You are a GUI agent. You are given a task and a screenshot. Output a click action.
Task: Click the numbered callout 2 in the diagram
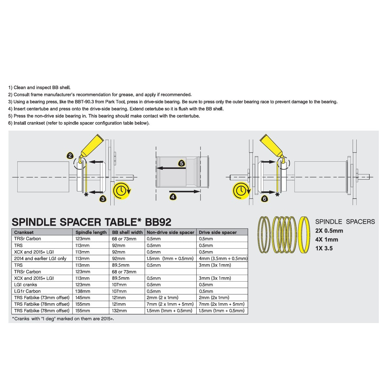point(70,155)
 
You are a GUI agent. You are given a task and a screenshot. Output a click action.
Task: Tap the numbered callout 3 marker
point(103,199)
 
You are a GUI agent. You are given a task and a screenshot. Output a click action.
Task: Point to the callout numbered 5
point(182,163)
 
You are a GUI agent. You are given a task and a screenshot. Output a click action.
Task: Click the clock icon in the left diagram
point(121,190)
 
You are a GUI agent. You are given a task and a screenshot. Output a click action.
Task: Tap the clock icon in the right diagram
point(241,190)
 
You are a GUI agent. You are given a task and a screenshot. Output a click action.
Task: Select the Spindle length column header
point(91,232)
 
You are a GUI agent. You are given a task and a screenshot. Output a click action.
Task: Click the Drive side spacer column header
point(218,232)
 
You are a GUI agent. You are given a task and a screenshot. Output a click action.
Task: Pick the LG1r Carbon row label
point(27,291)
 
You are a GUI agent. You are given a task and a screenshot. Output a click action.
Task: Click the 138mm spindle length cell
point(83,291)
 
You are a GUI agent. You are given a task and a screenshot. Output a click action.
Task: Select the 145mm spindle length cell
point(83,298)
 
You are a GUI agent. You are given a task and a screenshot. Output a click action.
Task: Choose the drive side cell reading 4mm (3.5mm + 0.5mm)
point(223,258)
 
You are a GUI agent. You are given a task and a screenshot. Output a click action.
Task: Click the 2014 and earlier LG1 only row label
point(40,258)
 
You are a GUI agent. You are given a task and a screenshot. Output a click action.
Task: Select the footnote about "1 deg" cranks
point(63,318)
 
